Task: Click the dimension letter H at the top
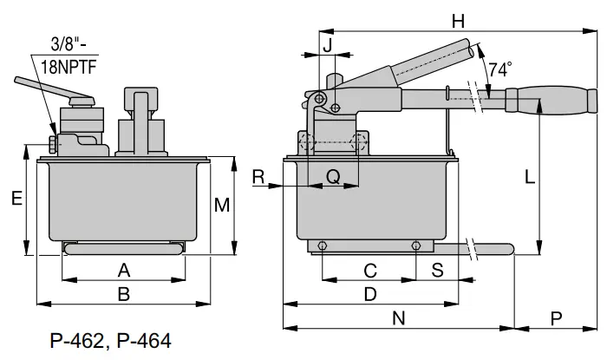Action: click(459, 20)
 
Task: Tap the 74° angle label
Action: click(500, 69)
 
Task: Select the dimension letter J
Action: click(327, 44)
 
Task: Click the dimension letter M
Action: click(222, 206)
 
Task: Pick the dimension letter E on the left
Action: click(16, 199)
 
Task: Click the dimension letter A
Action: click(123, 269)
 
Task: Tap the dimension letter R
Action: click(258, 177)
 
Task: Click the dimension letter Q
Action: click(332, 177)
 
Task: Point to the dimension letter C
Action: click(369, 270)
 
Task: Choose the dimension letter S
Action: click(438, 270)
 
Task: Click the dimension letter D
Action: click(370, 294)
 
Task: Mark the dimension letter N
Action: click(399, 318)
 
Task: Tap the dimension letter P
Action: click(556, 318)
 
